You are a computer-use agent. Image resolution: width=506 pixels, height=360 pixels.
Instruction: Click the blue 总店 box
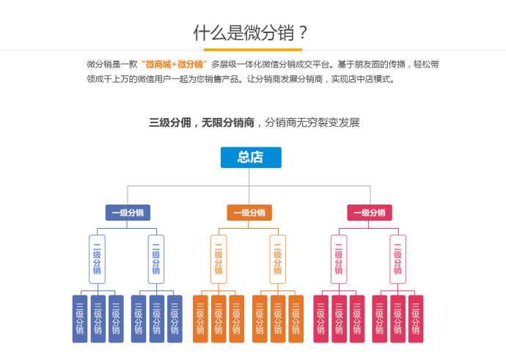(250, 158)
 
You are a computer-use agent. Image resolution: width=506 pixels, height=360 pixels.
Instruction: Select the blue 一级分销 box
(128, 213)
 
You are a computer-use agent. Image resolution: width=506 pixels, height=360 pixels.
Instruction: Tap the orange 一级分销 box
(249, 213)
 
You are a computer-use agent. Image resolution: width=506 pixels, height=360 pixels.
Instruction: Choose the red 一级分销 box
(370, 213)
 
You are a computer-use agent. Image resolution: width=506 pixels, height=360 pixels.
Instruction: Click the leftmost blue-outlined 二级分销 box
(97, 259)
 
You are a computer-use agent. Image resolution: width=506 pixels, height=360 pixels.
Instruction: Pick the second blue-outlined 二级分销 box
(156, 259)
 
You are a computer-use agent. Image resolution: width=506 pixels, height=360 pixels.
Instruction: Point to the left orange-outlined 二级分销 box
(219, 259)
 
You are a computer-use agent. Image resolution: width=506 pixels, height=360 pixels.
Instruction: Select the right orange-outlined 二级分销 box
(277, 259)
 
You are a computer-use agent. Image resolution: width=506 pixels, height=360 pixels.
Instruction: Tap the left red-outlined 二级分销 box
(339, 259)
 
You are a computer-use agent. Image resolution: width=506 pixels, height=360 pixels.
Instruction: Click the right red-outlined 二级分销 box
(397, 259)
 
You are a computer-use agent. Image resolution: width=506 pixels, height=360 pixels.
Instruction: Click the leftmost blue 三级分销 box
(80, 319)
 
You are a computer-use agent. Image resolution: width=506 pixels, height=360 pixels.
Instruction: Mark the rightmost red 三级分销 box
(416, 319)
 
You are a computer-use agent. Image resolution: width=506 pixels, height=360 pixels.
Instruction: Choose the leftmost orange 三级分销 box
(200, 319)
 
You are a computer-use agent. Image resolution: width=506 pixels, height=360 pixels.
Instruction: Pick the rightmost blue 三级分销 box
(175, 319)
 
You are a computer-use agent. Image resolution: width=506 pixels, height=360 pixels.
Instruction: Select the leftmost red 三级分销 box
(320, 319)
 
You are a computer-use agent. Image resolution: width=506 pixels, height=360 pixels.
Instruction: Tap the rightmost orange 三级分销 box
(296, 319)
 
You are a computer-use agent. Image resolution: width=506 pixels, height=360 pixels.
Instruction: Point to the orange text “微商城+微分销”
(175, 65)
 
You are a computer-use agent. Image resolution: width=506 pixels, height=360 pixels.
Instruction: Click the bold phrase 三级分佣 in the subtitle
(169, 122)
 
